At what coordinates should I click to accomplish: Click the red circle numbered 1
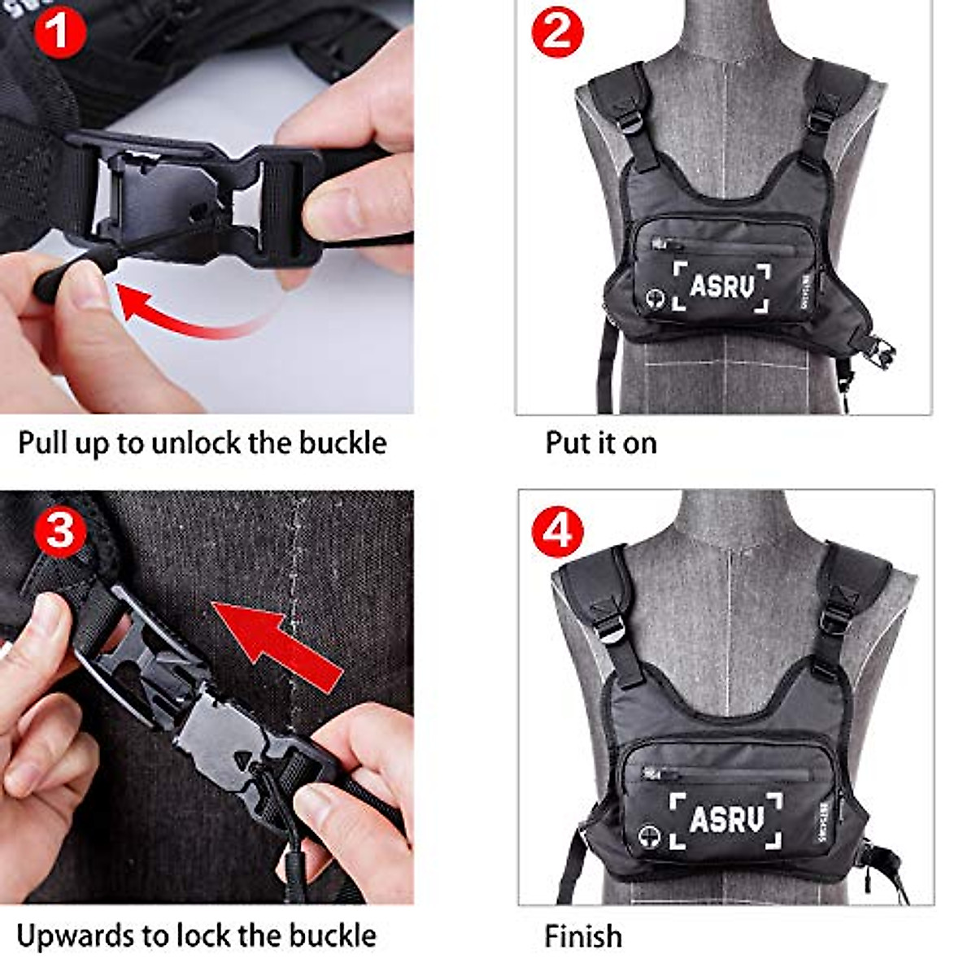(60, 33)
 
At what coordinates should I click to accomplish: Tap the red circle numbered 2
(557, 33)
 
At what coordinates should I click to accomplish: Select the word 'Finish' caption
(583, 936)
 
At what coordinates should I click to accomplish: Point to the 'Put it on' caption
(601, 443)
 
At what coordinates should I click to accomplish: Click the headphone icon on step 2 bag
(655, 298)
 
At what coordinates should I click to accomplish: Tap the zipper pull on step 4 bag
(651, 773)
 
